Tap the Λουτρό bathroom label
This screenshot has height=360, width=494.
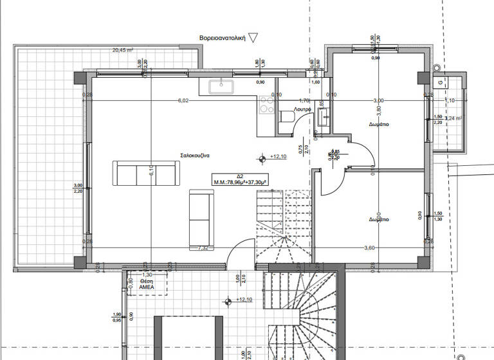[x=303, y=110]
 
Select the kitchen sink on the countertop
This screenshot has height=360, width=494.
[x=223, y=85]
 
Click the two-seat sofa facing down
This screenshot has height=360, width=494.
[x=145, y=174]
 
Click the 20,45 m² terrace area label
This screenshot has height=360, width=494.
[x=123, y=50]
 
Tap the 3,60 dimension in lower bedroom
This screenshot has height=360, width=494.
[x=369, y=248]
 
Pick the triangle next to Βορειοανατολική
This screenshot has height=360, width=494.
[x=253, y=38]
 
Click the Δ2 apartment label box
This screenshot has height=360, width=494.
[x=241, y=179]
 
